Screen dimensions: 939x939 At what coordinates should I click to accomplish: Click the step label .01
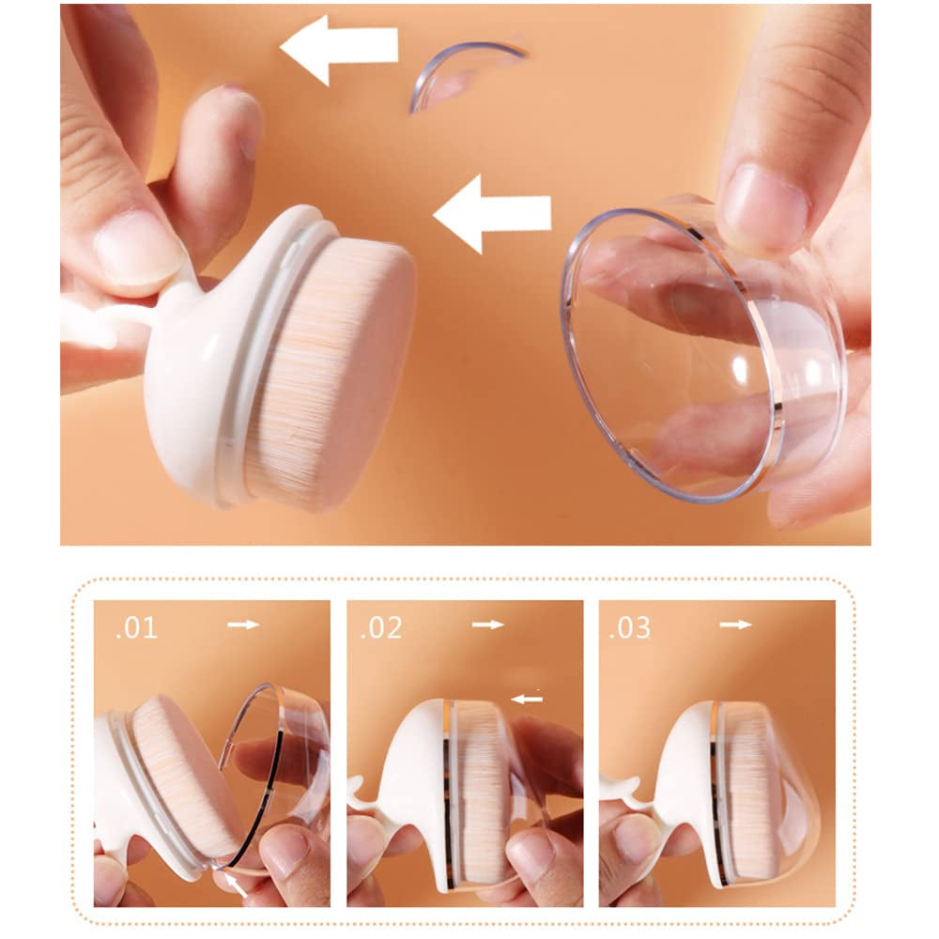point(136,628)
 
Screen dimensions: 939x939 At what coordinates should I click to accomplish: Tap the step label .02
point(381,628)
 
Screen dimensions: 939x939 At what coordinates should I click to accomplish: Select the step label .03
point(629,628)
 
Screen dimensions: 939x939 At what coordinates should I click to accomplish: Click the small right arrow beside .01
point(243,624)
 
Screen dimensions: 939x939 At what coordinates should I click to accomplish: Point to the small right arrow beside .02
point(488,624)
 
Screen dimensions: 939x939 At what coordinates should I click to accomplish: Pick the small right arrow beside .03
point(735,624)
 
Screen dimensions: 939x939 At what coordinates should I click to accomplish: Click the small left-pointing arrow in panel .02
point(527,699)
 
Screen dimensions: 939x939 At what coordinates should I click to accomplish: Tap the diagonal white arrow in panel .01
point(236,884)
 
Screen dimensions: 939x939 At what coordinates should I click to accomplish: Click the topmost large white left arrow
point(339,49)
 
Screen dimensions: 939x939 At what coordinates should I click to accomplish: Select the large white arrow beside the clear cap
point(492,213)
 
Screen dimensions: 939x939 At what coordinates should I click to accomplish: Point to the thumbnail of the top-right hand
point(767,208)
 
